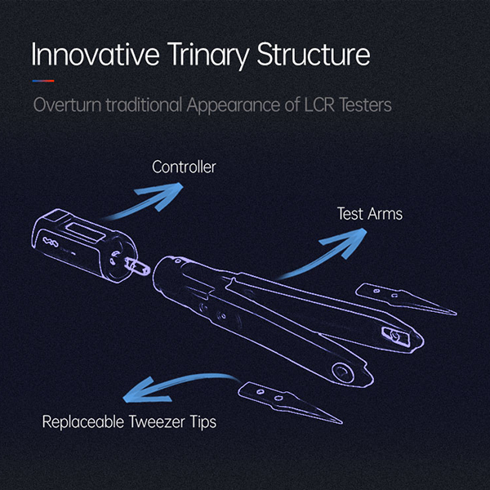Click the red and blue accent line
pos(43,81)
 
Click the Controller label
pos(185,168)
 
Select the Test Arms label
pos(369,215)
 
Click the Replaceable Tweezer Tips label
pos(130,422)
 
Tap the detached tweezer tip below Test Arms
pos(404,300)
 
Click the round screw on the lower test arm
pos(344,372)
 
